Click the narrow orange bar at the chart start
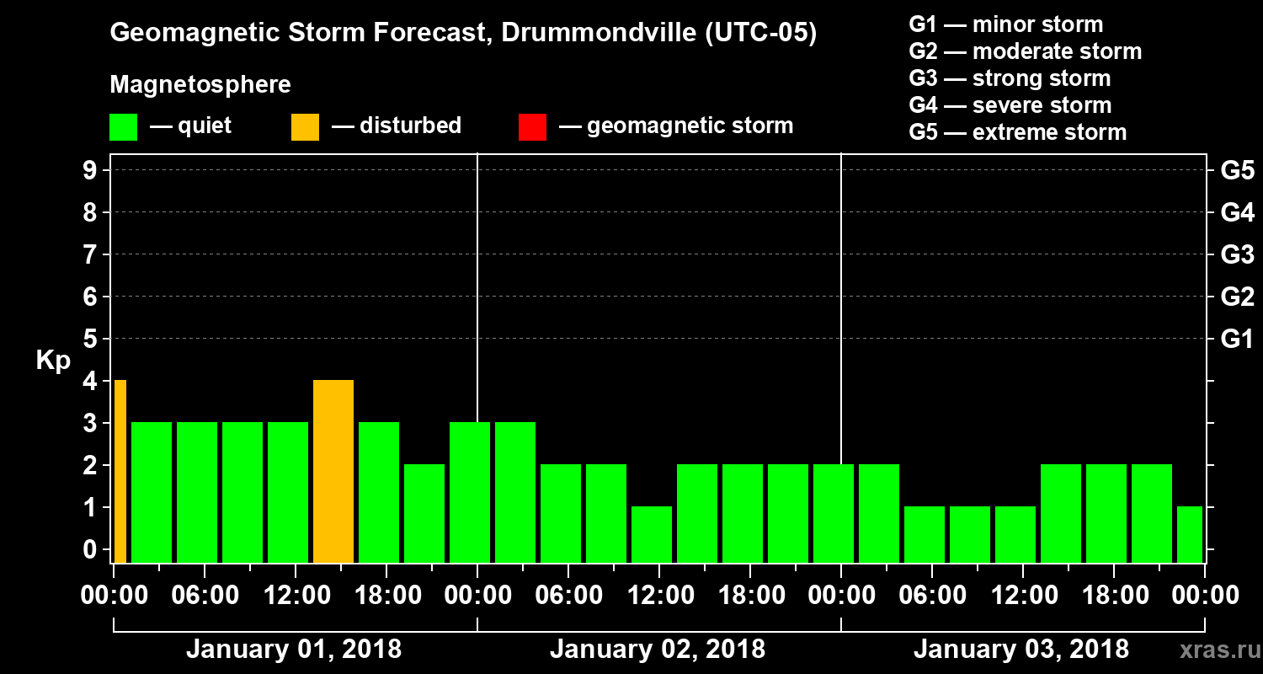click(120, 471)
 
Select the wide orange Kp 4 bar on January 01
click(333, 471)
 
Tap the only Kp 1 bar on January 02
click(652, 534)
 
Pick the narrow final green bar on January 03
click(1190, 534)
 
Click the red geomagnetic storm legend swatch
click(532, 127)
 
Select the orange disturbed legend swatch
click(305, 127)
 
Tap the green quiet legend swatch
click(123, 127)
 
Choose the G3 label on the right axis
click(1237, 254)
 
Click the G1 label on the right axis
click(1237, 340)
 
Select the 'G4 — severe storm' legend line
click(1010, 105)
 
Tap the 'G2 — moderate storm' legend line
click(1025, 51)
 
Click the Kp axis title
click(53, 361)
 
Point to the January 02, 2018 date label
click(658, 650)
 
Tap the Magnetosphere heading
click(200, 85)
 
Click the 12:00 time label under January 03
click(1022, 596)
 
